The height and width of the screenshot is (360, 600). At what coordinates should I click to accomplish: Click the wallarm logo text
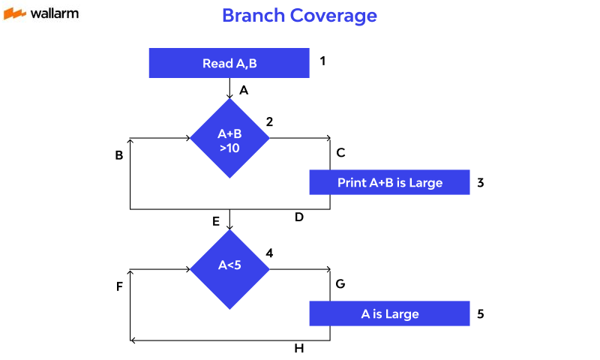point(55,13)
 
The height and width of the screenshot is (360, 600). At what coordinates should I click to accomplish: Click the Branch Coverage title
point(299,15)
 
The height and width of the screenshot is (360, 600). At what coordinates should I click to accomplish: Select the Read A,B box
point(229,63)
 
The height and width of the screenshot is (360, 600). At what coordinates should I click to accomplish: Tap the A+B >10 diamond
point(229,139)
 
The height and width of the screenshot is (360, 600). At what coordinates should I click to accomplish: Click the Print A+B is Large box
point(390,182)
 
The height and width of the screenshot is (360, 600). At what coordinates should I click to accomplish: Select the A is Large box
point(390,313)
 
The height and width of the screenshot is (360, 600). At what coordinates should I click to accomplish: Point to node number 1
point(322,61)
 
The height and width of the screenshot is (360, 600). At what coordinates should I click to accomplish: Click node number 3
point(481,181)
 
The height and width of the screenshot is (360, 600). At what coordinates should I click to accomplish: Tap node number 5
point(481,313)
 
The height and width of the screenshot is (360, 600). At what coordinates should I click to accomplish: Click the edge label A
point(244,90)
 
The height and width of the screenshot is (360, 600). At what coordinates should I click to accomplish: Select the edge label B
point(119,156)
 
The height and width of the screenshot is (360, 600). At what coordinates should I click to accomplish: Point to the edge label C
point(340,153)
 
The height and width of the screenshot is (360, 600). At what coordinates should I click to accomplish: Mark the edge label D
point(298,217)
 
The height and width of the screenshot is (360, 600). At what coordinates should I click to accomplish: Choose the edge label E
point(216,221)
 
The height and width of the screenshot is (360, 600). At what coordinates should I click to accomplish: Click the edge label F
point(119,286)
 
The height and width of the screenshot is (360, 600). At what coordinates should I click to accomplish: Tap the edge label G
point(340,284)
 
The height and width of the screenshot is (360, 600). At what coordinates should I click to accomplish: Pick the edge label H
point(298,349)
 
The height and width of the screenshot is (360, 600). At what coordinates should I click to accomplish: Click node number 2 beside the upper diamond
point(269,121)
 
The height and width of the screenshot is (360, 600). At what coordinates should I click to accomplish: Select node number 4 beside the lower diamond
point(269,253)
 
